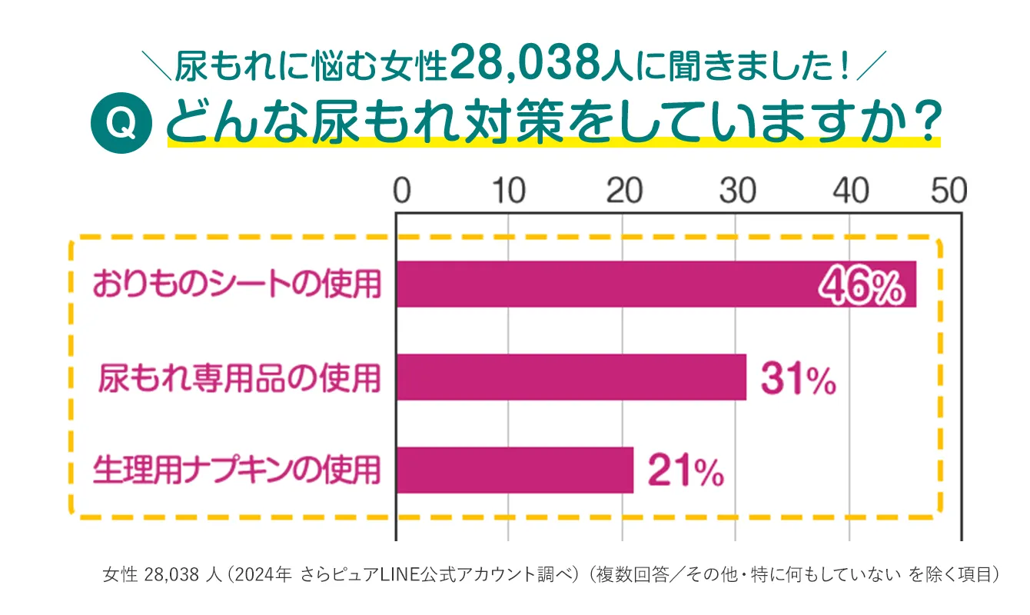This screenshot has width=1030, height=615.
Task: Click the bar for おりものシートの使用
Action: tap(600, 284)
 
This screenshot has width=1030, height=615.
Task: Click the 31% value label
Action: tap(799, 380)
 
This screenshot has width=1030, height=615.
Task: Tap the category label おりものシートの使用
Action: tap(237, 284)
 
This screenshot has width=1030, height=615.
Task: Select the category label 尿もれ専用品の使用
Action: tap(240, 377)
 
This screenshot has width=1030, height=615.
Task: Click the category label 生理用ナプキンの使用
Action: tap(237, 470)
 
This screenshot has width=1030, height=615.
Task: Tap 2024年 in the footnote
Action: tap(265, 574)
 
